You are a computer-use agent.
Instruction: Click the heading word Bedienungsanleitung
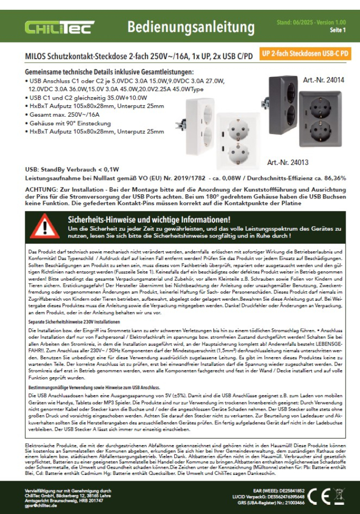pos(190,27)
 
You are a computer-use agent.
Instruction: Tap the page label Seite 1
pos(337,30)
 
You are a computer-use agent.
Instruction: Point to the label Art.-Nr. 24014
pos(323,81)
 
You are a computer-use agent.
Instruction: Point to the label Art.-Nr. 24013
pos(287,162)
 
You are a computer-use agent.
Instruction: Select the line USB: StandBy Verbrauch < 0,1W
pos(72,169)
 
